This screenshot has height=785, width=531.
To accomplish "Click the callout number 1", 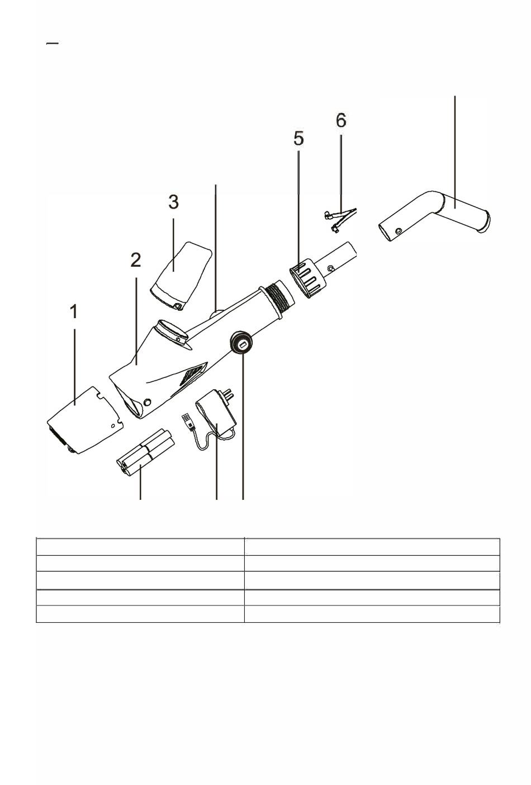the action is pos(74,311).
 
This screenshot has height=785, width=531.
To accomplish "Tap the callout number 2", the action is pos(136,259).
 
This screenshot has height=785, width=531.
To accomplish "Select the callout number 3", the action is pos(173,202).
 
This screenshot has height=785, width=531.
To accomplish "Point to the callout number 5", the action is pos(298,138).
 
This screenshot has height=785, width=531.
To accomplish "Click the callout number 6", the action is pos(341,120).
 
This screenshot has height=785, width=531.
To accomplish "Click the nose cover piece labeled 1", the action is pos(86,420).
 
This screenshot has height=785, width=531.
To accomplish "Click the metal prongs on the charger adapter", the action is pos(229,394).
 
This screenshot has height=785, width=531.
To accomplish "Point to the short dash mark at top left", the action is pos(53,43).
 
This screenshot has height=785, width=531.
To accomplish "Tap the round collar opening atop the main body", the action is pos(172,332).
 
